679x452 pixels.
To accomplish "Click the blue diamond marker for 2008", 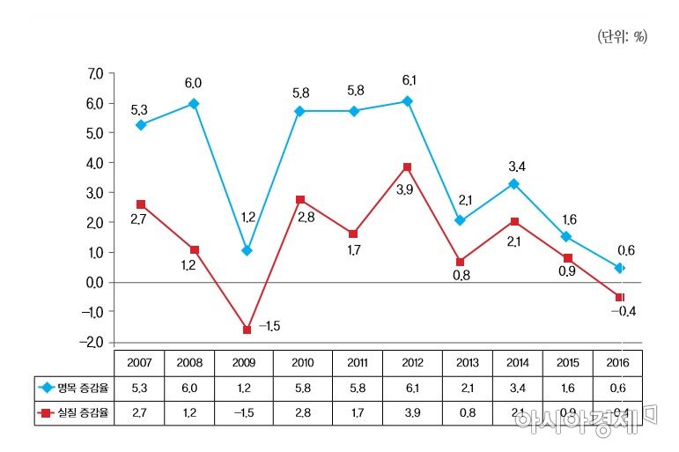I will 194,104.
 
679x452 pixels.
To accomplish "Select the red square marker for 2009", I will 247,330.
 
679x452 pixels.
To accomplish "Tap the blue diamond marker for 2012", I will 407,101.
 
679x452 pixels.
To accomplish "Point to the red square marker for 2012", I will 407,167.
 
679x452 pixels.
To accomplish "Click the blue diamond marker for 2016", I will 620,268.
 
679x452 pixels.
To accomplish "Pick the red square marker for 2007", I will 141,204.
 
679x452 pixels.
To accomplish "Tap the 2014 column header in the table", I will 514,362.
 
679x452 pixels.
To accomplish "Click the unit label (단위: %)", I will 622,37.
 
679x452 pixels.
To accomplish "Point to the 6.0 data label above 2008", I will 193,83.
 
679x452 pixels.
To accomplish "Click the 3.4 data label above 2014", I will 517,165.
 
